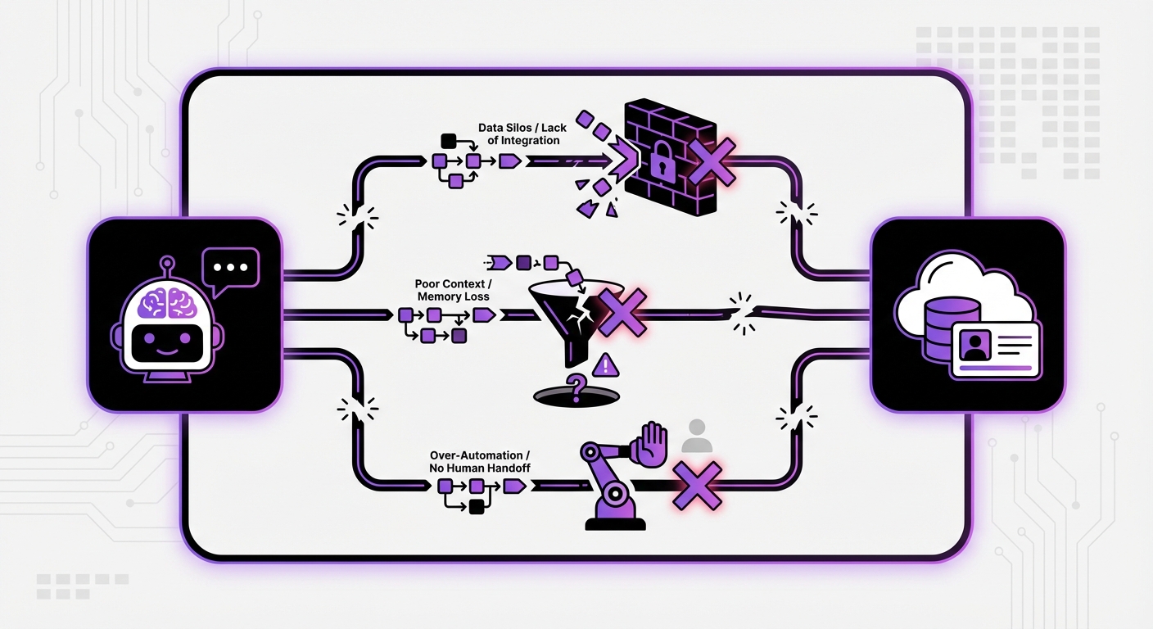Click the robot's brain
click(167, 302)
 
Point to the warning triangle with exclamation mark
click(606, 365)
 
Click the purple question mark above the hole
click(577, 387)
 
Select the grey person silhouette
click(696, 436)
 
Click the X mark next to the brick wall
click(712, 161)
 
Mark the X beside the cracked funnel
click(622, 312)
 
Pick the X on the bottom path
click(698, 486)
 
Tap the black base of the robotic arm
click(615, 524)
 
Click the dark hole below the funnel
click(576, 397)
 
